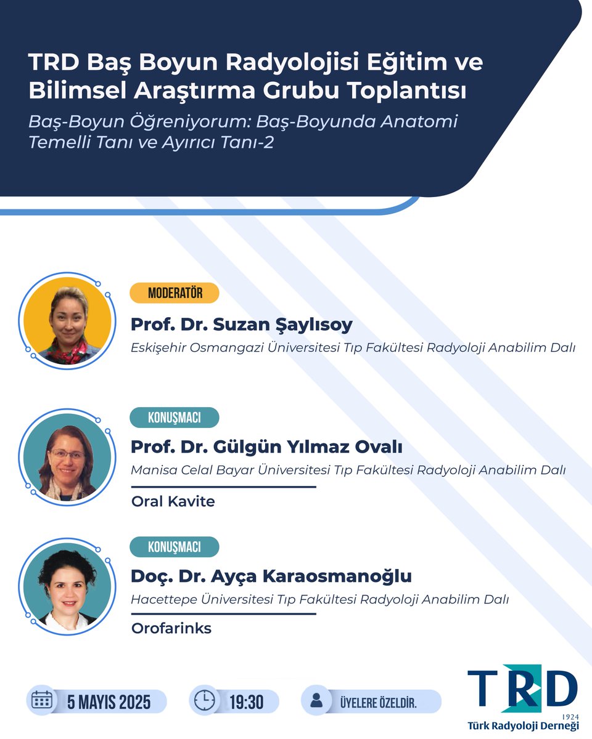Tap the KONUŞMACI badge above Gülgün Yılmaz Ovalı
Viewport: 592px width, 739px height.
tap(175, 418)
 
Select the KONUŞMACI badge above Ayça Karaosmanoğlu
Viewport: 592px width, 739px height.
tap(175, 547)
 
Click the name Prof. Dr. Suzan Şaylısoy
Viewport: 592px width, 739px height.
tap(241, 325)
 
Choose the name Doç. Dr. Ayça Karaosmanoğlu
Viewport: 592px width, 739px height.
tap(271, 576)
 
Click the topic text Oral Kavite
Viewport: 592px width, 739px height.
tap(173, 501)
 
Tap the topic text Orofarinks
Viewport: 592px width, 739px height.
tap(171, 629)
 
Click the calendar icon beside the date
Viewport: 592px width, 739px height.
tap(42, 701)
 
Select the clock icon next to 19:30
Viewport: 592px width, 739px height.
tap(205, 701)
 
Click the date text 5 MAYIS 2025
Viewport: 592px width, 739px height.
tap(110, 701)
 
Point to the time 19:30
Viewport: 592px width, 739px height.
tap(246, 701)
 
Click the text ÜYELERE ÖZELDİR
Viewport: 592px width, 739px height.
tap(378, 702)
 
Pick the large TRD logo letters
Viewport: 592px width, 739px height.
tap(522, 689)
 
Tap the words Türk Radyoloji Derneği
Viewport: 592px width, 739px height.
tap(523, 727)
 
